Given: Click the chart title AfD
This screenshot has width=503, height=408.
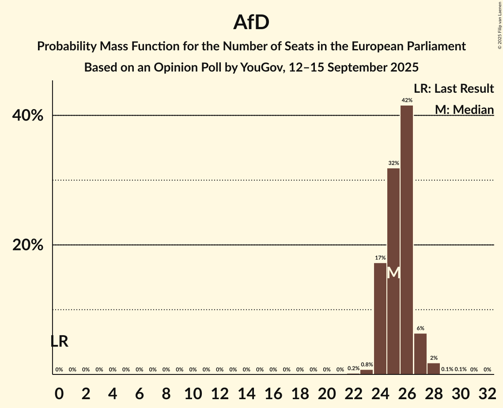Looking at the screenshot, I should [251, 23].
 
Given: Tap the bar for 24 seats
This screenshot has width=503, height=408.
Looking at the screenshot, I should [380, 318].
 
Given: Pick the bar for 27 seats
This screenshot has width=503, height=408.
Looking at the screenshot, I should [420, 354].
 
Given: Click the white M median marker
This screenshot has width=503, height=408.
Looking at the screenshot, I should [393, 273].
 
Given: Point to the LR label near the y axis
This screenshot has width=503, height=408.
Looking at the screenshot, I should [59, 341].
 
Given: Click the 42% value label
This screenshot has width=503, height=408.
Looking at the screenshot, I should [407, 101].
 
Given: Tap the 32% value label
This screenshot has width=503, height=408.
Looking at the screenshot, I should [393, 163].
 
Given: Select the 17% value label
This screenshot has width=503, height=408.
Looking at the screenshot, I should [380, 258].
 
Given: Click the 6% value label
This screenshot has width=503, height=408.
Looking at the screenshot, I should [420, 329].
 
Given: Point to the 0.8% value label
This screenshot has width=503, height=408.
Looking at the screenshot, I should [367, 365].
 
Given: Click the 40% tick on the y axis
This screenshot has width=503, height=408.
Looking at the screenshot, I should [28, 116].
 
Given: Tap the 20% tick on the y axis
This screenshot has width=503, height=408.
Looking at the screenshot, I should [28, 245].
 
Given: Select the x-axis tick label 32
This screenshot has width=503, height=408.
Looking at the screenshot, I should [488, 392].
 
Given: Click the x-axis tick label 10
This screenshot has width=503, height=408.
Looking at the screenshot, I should [193, 392].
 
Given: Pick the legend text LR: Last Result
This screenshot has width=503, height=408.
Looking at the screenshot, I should [454, 89].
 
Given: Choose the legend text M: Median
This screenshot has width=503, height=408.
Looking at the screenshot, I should [464, 110].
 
